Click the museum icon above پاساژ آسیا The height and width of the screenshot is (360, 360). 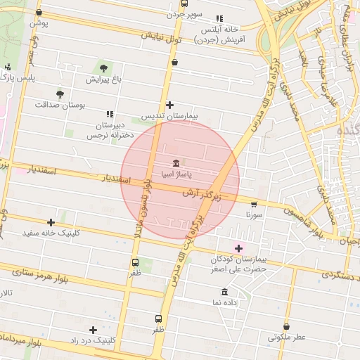pos(175,162)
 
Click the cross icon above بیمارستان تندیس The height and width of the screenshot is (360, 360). pos(169,105)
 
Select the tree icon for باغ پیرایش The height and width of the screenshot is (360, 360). pos(104,68)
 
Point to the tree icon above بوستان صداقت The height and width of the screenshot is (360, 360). pos(60,93)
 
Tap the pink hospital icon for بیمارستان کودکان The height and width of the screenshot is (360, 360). pos(238,247)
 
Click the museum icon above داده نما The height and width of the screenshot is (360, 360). pos(224,292)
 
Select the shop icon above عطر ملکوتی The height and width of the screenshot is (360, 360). pos(286,326)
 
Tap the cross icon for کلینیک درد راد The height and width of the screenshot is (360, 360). pos(93,329)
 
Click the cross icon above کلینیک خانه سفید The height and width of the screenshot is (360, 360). pos(51,222)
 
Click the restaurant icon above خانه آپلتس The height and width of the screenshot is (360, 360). pos(220,18)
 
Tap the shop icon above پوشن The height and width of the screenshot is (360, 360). pos(39,13)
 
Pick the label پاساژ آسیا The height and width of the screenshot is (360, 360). pos(175,173)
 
